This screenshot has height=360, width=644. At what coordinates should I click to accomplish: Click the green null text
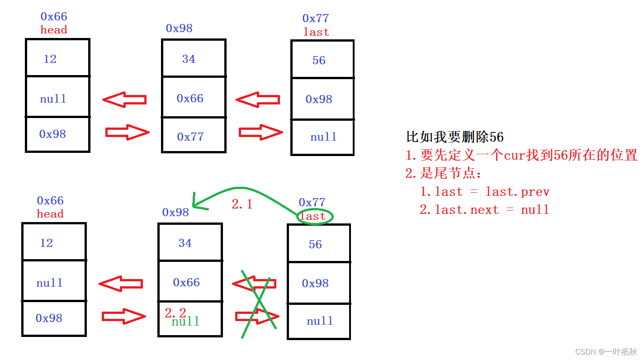click(x=185, y=322)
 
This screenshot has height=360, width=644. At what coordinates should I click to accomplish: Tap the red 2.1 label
click(x=242, y=204)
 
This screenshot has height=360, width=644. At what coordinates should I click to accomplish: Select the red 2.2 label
click(x=175, y=313)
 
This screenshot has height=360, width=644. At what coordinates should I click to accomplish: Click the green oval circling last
click(x=315, y=217)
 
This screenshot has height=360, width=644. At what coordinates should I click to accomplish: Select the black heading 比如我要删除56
click(x=455, y=137)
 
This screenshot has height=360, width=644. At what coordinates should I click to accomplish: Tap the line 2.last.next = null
click(x=484, y=210)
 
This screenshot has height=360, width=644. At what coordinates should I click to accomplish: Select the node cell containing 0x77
click(x=194, y=136)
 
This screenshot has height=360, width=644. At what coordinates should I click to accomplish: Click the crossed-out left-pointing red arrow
click(x=254, y=284)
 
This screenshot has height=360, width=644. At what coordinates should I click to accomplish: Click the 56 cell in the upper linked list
click(x=322, y=60)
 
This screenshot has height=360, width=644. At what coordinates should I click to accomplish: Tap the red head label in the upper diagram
click(x=54, y=30)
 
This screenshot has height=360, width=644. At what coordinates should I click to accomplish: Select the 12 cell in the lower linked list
click(x=54, y=242)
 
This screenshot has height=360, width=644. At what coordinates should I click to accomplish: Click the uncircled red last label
click(x=316, y=33)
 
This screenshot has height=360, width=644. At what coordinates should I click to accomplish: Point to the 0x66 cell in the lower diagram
click(x=190, y=283)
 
